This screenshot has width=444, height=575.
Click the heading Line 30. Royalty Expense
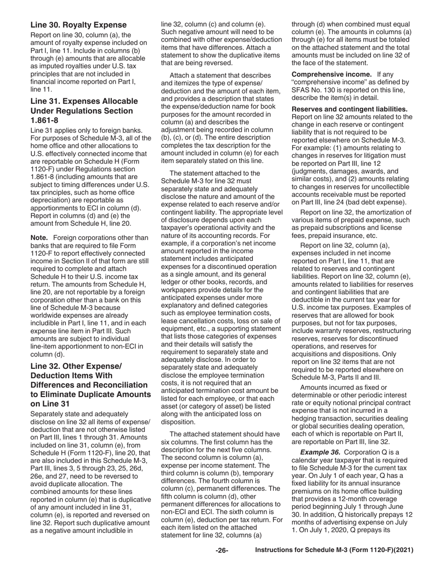click(78, 25)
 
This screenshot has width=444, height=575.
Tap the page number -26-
click(222, 550)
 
